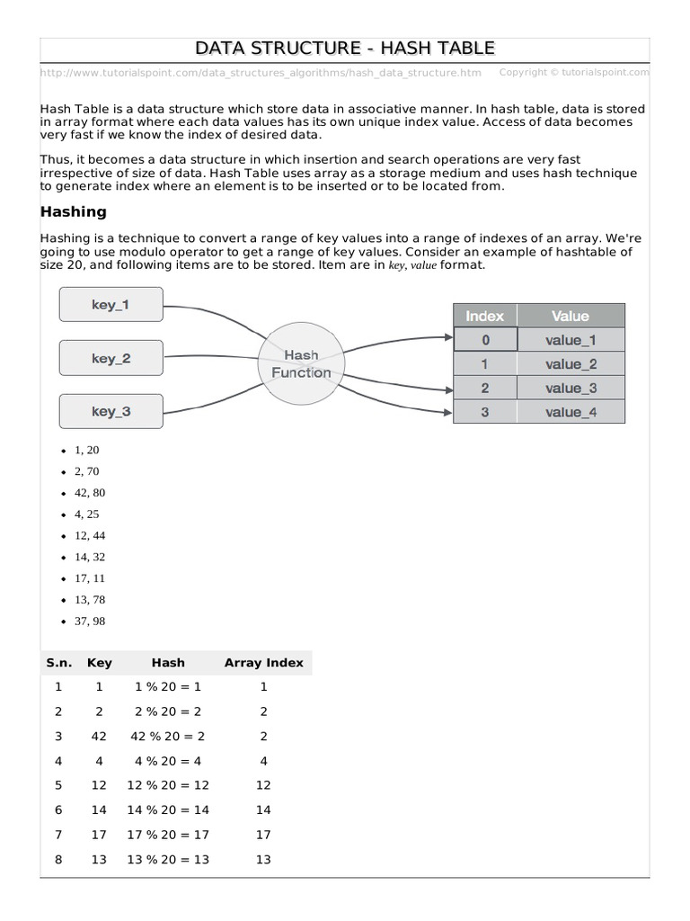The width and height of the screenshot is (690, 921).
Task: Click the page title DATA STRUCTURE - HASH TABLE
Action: [x=345, y=48]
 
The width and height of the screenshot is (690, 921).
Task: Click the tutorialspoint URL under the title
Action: [x=261, y=73]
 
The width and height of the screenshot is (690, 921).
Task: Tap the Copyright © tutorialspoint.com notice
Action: [x=573, y=72]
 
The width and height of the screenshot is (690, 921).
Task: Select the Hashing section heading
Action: [x=74, y=212]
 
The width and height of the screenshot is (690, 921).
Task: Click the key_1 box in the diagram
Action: [x=111, y=305]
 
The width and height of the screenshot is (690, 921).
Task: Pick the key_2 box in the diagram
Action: [x=111, y=358]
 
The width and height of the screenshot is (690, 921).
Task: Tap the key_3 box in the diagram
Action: [x=111, y=411]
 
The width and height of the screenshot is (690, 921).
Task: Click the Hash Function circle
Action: [x=301, y=364]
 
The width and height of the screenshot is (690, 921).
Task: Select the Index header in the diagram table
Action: [x=485, y=316]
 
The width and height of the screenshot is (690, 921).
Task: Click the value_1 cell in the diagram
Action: [x=571, y=340]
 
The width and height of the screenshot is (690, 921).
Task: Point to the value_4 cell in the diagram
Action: [x=571, y=413]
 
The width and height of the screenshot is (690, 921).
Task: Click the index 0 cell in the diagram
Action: [x=485, y=340]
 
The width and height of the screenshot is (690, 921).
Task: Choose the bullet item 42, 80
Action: [x=90, y=493]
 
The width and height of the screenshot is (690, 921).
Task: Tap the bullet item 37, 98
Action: [x=90, y=621]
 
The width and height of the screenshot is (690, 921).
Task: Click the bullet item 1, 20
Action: [x=87, y=450]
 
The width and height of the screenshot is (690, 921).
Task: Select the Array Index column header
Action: [x=263, y=663]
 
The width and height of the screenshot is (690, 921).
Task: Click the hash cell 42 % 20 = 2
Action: [x=168, y=736]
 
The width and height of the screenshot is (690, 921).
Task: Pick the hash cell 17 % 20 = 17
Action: [x=168, y=835]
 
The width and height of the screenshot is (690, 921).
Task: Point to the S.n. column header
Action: [x=58, y=663]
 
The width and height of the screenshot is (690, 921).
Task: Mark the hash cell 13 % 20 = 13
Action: [x=168, y=860]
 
